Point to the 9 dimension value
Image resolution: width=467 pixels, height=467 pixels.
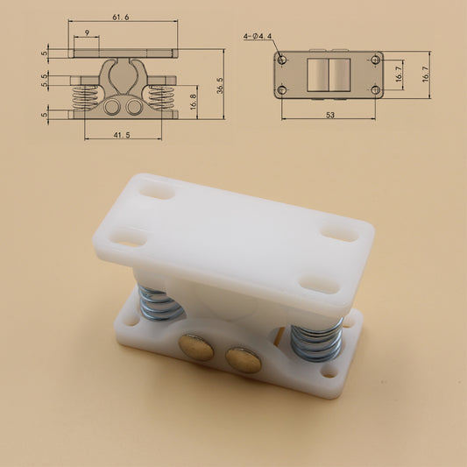pyautogui.click(x=86, y=33)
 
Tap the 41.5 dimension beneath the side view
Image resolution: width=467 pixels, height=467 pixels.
pyautogui.click(x=123, y=134)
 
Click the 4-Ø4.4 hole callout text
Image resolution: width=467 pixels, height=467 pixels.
pyautogui.click(x=258, y=36)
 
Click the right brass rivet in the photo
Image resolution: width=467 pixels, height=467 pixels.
pyautogui.click(x=243, y=357)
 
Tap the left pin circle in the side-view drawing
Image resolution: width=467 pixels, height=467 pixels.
pyautogui.click(x=113, y=105)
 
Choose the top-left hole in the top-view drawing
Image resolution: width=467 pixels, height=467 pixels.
pyautogui.click(x=282, y=60)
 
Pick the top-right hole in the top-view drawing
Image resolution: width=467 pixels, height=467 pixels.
pyautogui.click(x=375, y=60)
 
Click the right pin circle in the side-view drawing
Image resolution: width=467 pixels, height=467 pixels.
pyautogui.click(x=133, y=105)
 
